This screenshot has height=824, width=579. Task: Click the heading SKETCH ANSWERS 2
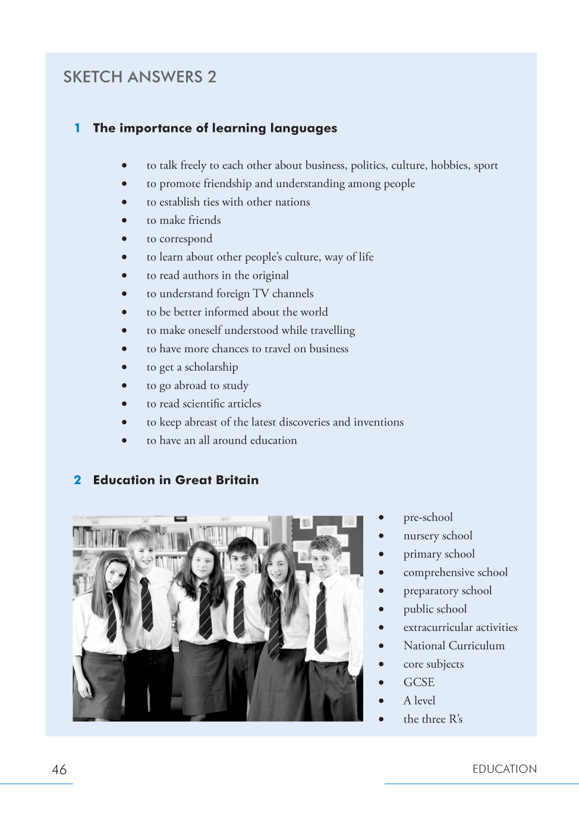[x=140, y=77]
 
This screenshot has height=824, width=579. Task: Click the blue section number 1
[x=77, y=128]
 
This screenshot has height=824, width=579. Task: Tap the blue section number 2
[x=77, y=480]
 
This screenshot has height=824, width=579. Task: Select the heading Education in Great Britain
[x=176, y=480]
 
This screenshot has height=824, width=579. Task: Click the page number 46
[x=59, y=770]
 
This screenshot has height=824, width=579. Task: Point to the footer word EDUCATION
[x=504, y=769]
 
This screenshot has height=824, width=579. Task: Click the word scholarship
[x=211, y=367]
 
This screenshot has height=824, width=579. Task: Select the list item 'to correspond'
[x=180, y=239]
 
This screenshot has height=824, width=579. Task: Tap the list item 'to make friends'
[x=184, y=220]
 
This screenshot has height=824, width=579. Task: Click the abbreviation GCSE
[x=419, y=683]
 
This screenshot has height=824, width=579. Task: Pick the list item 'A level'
[x=420, y=701]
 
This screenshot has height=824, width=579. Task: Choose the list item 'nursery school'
[x=438, y=536]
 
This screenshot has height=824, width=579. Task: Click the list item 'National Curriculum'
[x=454, y=646]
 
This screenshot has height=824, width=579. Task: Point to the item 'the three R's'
[x=433, y=719]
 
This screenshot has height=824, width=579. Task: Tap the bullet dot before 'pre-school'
[x=381, y=517]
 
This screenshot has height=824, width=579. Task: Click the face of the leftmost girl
[x=115, y=573]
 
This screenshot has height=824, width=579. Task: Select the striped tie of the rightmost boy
[x=321, y=618]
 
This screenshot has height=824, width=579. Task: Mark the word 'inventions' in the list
[x=379, y=422]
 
